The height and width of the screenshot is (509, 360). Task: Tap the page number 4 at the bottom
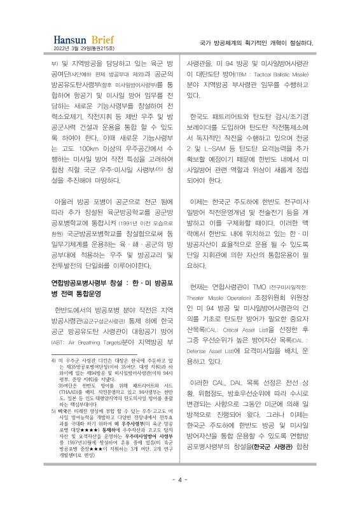[180, 479]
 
